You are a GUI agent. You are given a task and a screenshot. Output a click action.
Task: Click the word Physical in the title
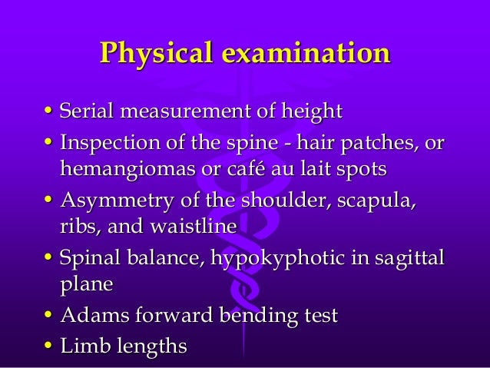pyautogui.click(x=153, y=54)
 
